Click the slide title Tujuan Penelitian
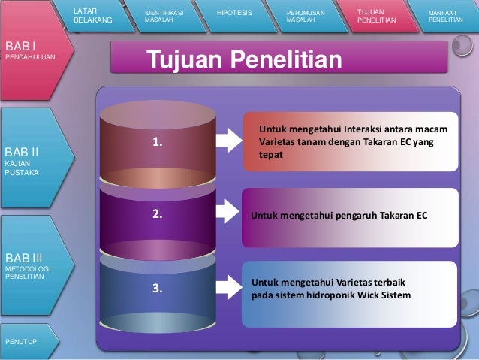point(243,59)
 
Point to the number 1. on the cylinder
point(157,141)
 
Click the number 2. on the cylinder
point(157,213)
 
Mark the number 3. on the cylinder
point(157,287)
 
